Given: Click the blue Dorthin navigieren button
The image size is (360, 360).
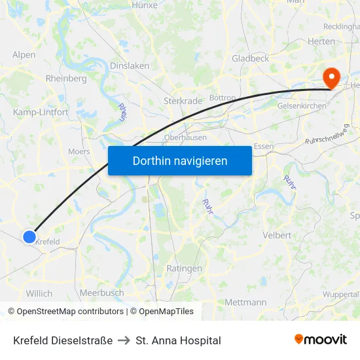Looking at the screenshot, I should (x=179, y=160).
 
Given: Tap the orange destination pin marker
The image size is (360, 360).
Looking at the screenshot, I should (x=332, y=79).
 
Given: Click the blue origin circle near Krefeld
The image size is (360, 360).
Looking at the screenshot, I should (x=29, y=236).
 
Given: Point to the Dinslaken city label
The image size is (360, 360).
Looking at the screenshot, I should (x=130, y=66).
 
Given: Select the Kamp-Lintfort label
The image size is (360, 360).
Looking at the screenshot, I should (x=41, y=113).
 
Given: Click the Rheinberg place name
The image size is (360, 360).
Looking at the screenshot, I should (x=66, y=79).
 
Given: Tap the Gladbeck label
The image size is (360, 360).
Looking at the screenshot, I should (x=250, y=58).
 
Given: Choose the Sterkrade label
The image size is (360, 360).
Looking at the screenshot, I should (x=182, y=101).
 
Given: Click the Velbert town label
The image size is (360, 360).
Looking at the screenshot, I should (x=276, y=235).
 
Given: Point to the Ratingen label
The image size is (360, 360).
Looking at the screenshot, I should (x=184, y=269).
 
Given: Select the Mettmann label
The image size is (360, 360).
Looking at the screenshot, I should (x=245, y=302).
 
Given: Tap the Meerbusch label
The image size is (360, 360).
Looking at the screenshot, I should (x=101, y=293).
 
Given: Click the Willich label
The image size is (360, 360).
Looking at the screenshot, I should (x=39, y=293).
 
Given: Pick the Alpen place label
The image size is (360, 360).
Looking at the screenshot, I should (x=24, y=55).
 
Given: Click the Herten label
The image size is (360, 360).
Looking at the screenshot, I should (x=321, y=41).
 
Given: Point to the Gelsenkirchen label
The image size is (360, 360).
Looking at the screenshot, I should (x=302, y=106).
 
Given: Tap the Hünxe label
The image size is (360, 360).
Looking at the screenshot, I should (x=145, y=5).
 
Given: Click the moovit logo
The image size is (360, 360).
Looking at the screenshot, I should (x=321, y=340).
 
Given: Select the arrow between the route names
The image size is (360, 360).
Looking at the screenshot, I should (x=124, y=340).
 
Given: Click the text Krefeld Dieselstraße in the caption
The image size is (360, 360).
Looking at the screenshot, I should (x=63, y=340).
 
